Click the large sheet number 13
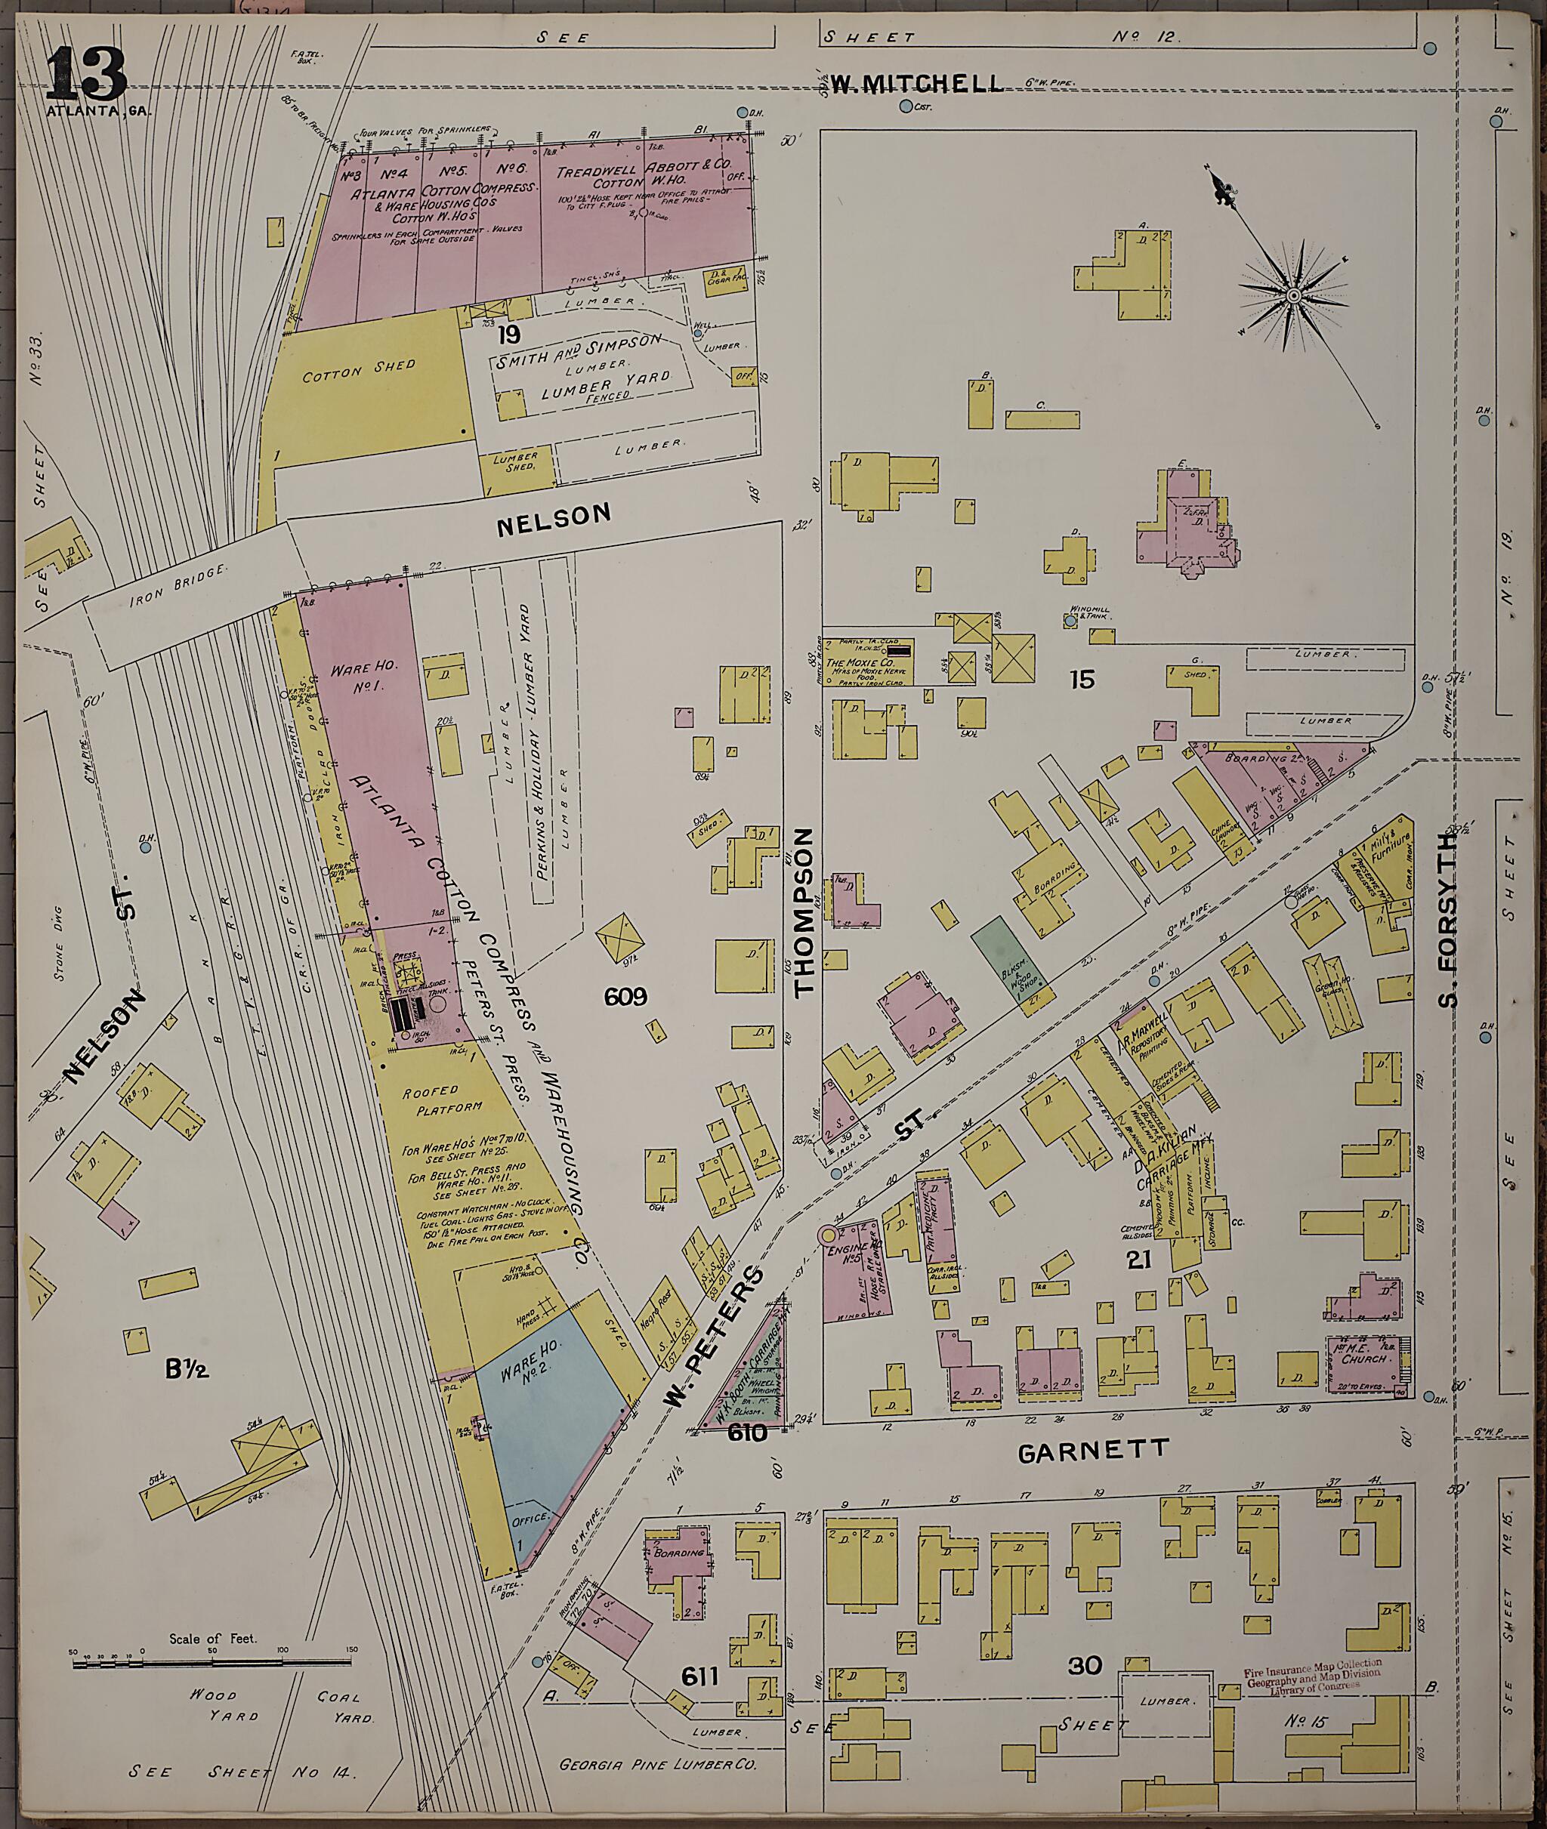click(x=86, y=76)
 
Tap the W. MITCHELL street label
click(x=916, y=83)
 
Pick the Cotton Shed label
click(x=360, y=372)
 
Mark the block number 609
click(x=625, y=996)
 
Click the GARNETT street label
click(x=1093, y=1450)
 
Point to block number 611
click(x=698, y=1676)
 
